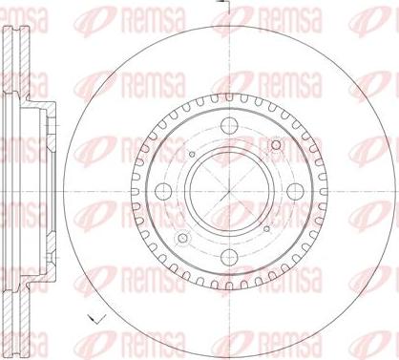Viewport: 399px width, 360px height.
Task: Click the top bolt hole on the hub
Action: [229, 125]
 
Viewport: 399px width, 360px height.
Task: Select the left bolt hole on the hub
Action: [163, 191]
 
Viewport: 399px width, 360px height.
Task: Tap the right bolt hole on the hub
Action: [295, 191]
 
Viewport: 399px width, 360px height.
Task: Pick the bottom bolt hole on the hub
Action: [229, 257]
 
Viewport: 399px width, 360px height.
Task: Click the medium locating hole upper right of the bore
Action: [276, 145]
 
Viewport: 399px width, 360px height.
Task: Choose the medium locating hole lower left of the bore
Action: [182, 238]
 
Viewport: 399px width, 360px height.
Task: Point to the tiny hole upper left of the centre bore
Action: [192, 155]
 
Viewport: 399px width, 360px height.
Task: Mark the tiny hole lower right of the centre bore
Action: [267, 228]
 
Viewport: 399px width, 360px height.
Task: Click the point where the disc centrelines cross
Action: [229, 191]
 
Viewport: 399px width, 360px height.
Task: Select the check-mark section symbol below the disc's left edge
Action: [97, 318]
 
